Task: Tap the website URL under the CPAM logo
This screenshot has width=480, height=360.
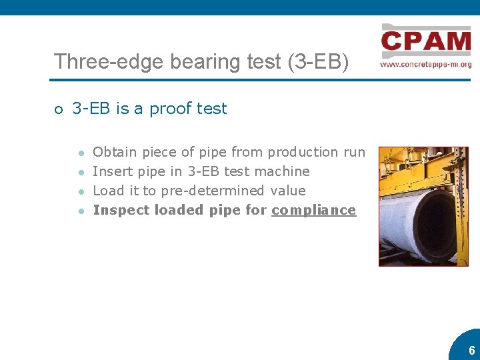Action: tap(426, 65)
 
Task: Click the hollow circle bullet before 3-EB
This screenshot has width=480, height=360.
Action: tap(59, 109)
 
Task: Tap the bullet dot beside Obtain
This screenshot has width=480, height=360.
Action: tap(80, 153)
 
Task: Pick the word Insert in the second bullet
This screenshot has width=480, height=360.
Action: tap(111, 171)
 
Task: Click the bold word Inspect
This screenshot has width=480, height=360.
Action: tap(121, 210)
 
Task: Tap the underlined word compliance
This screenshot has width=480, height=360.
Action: tap(314, 210)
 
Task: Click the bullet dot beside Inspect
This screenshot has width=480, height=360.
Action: tap(80, 211)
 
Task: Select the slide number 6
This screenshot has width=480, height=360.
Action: tap(471, 351)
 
